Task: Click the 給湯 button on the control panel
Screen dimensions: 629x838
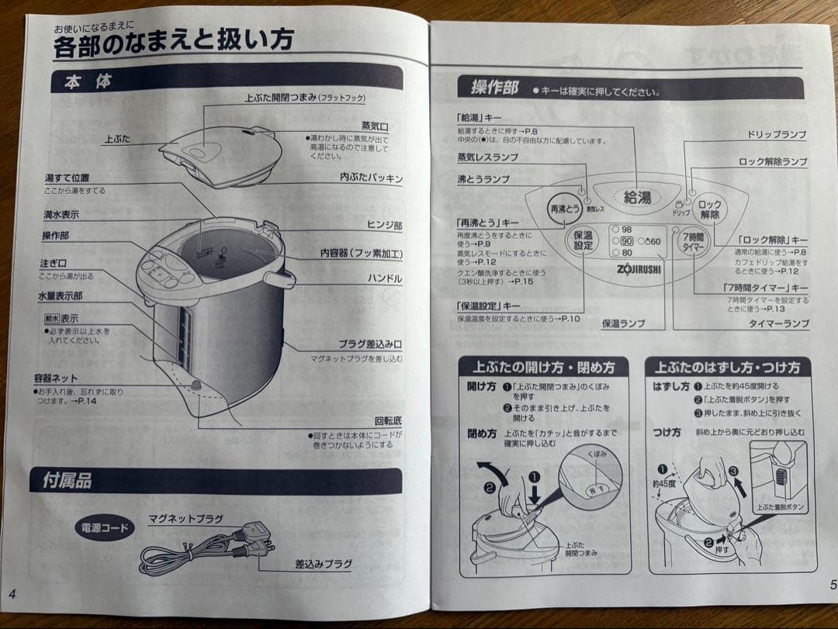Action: (x=637, y=198)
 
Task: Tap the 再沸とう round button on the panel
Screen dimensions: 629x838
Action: (x=565, y=209)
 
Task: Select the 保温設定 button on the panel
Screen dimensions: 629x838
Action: (x=583, y=240)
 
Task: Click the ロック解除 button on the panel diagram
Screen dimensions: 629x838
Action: (x=709, y=209)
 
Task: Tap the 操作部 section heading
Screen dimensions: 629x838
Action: (x=494, y=88)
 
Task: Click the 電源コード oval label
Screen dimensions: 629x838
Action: (x=104, y=528)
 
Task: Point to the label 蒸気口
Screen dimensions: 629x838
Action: (x=374, y=125)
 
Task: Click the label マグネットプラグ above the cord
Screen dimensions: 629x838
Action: (x=185, y=518)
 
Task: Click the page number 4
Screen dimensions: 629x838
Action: (x=12, y=594)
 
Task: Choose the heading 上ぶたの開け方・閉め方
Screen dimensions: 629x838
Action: (x=543, y=367)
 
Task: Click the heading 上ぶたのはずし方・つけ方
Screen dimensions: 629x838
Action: (x=727, y=368)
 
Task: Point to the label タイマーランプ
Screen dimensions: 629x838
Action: (x=778, y=324)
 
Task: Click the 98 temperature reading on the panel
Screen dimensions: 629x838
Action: (x=626, y=230)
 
